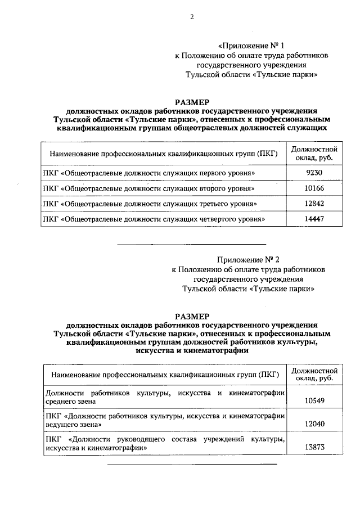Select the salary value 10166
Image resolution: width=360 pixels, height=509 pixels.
[x=314, y=187]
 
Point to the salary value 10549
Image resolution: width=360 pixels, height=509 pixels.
[x=314, y=402]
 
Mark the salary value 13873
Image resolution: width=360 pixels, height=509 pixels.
[x=314, y=447]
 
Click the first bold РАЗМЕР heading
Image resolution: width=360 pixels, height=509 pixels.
[x=191, y=102]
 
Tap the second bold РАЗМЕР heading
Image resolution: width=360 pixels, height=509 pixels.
[x=191, y=316]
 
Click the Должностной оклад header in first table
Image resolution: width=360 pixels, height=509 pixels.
[x=314, y=153]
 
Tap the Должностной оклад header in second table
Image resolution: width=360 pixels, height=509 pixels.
[x=314, y=375]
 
